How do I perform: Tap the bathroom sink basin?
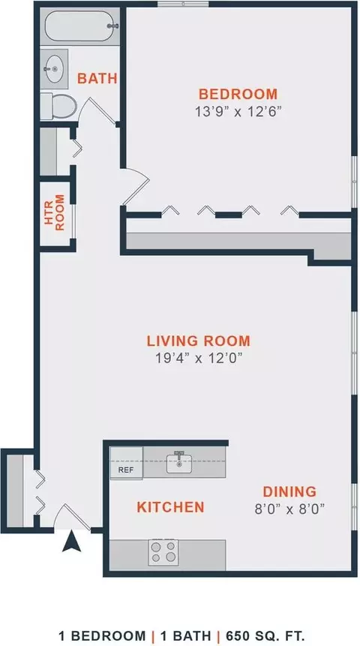point(54,69)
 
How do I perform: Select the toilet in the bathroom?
point(58,107)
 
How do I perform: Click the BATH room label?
point(97,78)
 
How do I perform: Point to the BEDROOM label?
point(238,94)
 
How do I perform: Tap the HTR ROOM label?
point(54,212)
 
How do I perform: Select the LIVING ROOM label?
point(199,341)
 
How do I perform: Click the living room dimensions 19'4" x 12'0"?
point(198,358)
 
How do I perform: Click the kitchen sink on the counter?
point(179,463)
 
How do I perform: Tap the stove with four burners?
point(163,552)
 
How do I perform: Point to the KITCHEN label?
point(170,507)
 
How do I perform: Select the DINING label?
point(289,491)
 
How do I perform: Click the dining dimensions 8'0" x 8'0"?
point(289,509)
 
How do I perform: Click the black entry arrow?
point(71,541)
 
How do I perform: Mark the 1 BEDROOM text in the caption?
point(102,635)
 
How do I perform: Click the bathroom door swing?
point(98,110)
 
